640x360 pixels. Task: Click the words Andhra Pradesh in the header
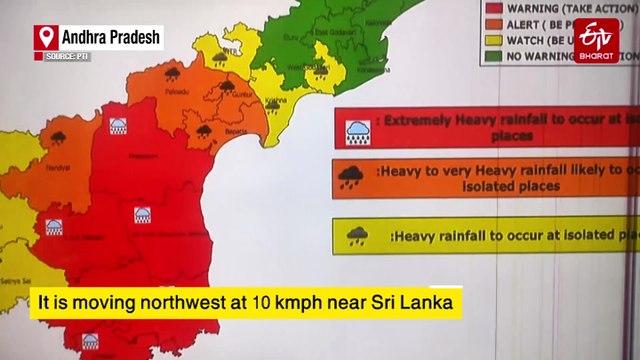111,37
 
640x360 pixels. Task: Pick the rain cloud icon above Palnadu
172,74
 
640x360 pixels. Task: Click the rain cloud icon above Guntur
228,87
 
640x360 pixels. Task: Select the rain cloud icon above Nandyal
57,138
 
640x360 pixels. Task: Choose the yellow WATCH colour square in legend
493,40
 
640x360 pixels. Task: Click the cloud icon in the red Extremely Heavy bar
357,130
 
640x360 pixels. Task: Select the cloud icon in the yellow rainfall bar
357,236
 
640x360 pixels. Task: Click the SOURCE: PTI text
68,56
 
